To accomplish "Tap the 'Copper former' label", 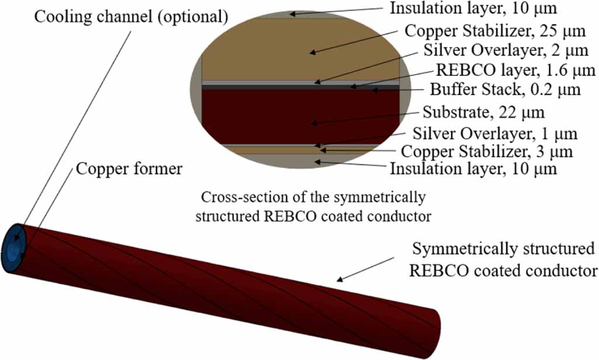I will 129,170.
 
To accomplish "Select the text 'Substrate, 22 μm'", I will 484,112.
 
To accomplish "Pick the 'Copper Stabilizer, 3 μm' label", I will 487,152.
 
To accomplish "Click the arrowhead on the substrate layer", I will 313,123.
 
